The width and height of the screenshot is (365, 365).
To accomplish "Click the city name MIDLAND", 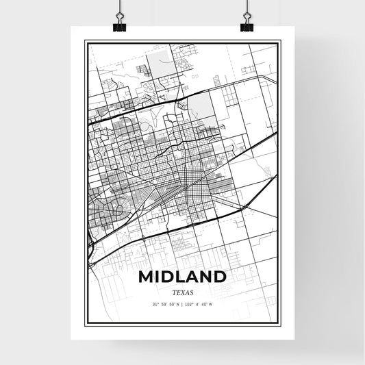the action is coord(182,277).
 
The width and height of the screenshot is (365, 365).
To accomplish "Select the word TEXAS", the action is coord(182,292).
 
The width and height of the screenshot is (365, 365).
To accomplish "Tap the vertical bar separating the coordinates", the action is coord(183,304).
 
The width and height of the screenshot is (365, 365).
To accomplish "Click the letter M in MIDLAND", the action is coord(146,277).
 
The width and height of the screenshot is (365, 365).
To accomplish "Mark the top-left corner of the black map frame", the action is coord(85,41).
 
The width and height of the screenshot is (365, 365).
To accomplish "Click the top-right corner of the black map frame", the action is coord(279,41).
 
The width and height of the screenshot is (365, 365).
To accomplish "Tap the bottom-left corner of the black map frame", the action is coord(85,322).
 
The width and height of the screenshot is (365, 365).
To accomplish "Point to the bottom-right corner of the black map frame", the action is coord(279,322).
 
